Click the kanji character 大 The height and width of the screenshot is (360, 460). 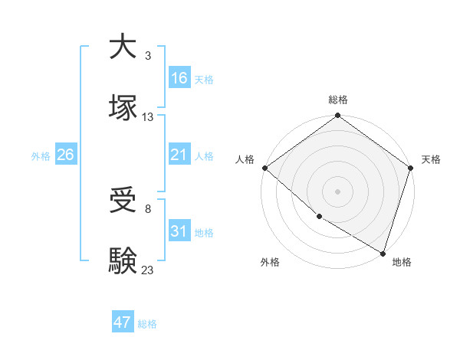coord(123,47)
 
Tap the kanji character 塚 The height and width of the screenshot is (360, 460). coord(123,106)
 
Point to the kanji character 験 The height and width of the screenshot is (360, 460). coord(123,260)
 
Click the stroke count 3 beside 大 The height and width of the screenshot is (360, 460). coord(148,56)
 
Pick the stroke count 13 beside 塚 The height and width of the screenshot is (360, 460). coord(148,117)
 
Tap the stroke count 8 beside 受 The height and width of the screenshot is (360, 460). coord(148,209)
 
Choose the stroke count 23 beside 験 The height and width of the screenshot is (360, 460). coord(148,270)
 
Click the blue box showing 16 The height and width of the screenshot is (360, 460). coord(179,78)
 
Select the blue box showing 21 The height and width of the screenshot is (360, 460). coord(179,155)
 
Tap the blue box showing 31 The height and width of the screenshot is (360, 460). coord(179,231)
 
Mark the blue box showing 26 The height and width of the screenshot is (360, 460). coord(66,155)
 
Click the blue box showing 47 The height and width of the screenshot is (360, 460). coord(123,323)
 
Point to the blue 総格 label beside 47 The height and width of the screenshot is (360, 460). coord(147,324)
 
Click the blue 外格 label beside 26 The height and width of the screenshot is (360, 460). coord(41,156)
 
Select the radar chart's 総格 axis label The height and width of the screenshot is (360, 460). coord(338,100)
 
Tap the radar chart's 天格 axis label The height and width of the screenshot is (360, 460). coord(431,160)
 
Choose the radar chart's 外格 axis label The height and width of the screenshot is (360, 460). coord(270,263)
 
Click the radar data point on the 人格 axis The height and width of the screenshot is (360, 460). coord(264,168)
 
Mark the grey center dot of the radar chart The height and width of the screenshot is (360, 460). coord(338,191)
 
